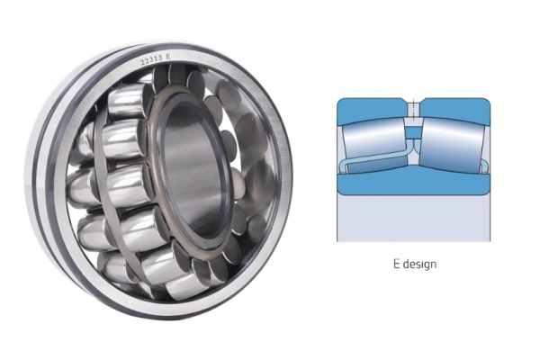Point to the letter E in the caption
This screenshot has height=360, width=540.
(x=394, y=265)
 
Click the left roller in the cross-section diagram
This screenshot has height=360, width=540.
(x=374, y=139)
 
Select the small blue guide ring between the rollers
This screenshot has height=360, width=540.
(x=412, y=134)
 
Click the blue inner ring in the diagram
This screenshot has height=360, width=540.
(x=412, y=180)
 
